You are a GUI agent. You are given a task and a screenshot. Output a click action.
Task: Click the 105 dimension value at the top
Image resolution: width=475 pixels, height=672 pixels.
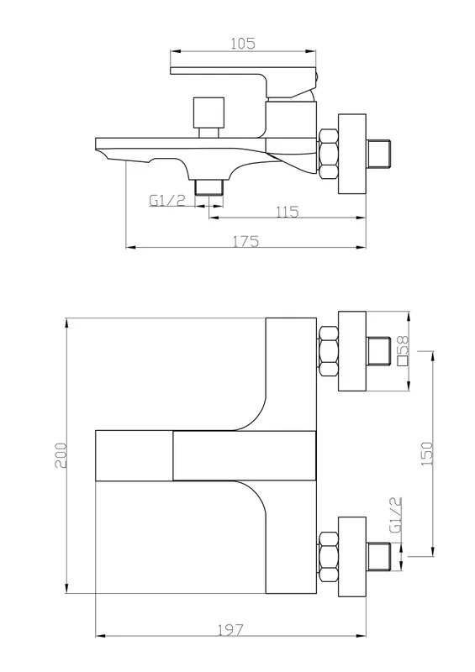click(243, 44)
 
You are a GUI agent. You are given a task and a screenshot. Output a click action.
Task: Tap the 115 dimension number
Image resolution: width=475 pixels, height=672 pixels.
click(287, 212)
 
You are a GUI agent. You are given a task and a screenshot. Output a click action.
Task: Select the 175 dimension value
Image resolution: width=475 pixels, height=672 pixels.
click(245, 242)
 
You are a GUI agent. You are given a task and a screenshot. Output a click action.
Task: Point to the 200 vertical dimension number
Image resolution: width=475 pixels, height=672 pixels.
click(61, 455)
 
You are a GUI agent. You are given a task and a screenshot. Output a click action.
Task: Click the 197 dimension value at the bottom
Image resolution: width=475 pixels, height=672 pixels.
click(230, 630)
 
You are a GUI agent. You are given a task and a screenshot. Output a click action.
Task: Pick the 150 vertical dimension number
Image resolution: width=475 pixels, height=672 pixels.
click(427, 454)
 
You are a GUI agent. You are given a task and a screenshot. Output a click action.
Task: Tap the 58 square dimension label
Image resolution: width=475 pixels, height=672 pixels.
click(404, 350)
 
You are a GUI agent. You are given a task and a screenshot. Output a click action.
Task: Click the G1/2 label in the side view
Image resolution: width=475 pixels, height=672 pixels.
click(167, 200)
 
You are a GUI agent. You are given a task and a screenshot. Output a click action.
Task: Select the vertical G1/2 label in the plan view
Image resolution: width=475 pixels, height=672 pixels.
click(396, 515)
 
